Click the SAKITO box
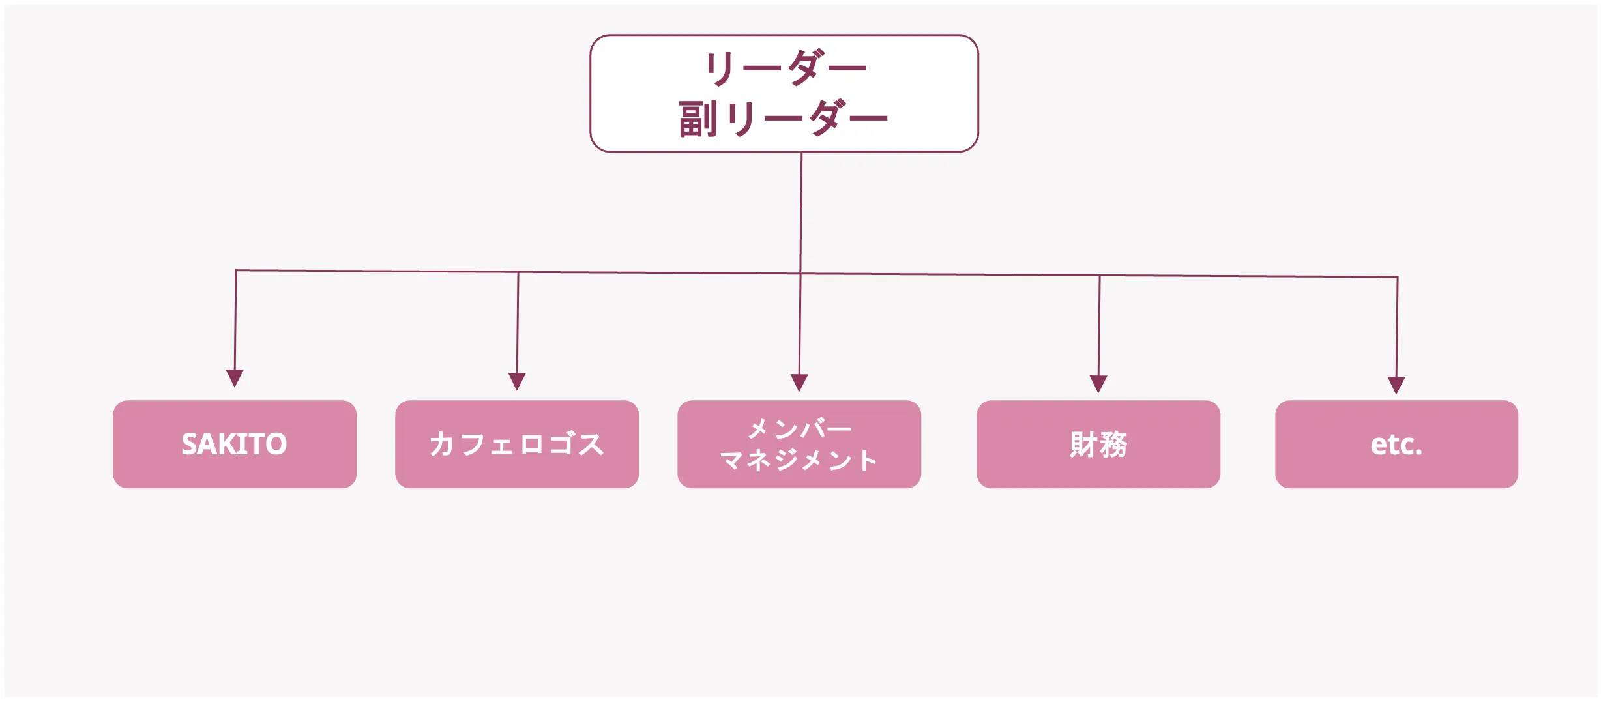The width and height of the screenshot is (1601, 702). click(x=235, y=444)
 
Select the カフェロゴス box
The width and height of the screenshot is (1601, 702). click(x=516, y=444)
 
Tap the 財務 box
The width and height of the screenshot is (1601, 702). click(x=1098, y=444)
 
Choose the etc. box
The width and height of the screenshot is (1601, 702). click(x=1396, y=444)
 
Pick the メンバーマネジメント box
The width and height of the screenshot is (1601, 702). click(x=799, y=444)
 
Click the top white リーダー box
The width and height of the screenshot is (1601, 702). click(x=784, y=93)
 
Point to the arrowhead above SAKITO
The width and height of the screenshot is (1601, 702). click(x=235, y=377)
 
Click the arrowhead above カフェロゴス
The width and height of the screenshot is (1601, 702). click(x=517, y=381)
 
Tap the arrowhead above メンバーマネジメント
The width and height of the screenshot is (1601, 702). click(x=799, y=382)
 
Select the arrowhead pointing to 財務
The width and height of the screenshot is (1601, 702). click(x=1098, y=383)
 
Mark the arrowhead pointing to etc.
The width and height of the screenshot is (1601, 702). click(x=1396, y=385)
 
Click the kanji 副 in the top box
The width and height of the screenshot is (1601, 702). click(x=698, y=119)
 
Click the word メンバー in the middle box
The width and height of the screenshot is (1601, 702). click(x=799, y=429)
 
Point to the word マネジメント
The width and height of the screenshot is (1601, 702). click(x=799, y=460)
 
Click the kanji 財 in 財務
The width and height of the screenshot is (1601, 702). click(x=1083, y=445)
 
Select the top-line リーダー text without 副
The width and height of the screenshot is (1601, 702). click(x=786, y=67)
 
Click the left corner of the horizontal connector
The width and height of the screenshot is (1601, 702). click(x=236, y=271)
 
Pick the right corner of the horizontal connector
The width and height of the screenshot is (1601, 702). click(x=1398, y=277)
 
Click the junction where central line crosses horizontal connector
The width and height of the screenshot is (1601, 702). click(x=800, y=274)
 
